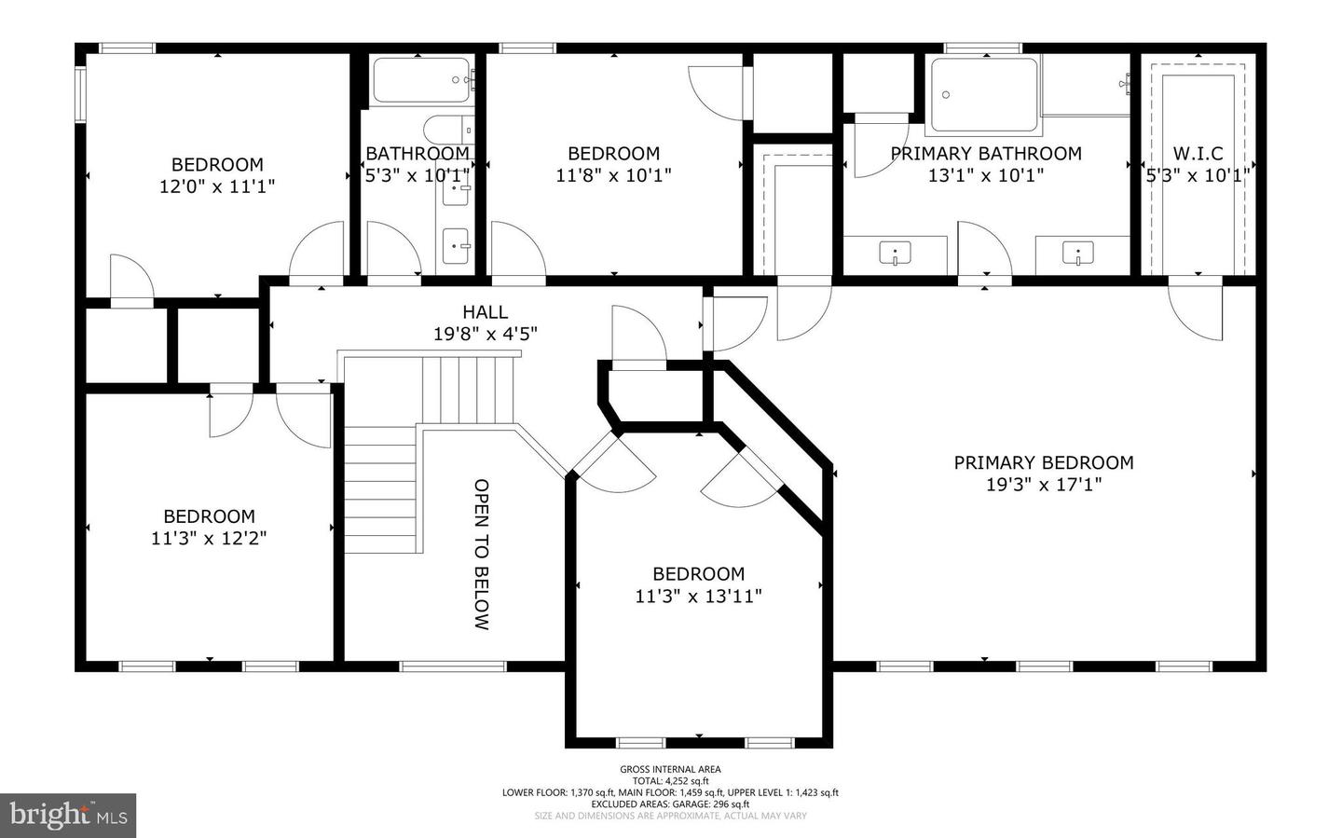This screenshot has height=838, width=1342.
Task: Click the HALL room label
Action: point(485,312)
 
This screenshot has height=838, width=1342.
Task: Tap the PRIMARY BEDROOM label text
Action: point(1044,462)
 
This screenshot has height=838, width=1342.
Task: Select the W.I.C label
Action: point(1198,154)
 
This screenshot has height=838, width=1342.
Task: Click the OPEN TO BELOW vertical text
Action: point(481,555)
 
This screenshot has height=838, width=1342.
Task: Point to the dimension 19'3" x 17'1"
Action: point(1044,485)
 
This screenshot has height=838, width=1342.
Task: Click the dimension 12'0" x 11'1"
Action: point(217,186)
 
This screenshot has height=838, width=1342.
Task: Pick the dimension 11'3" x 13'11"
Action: point(698,597)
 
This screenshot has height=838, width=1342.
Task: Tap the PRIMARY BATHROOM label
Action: point(986,154)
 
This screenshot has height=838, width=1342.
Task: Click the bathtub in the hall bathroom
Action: point(422,81)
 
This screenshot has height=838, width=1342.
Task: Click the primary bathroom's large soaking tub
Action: point(983,95)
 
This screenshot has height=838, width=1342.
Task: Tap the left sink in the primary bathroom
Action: point(896,254)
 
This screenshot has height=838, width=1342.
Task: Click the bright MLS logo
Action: point(68,816)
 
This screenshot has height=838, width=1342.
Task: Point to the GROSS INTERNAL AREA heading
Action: point(670,769)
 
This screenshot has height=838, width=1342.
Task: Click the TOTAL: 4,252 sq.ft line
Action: point(670,781)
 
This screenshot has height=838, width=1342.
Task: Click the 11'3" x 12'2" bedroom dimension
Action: point(209,539)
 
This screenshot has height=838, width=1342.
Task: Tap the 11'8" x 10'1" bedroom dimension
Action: point(613,175)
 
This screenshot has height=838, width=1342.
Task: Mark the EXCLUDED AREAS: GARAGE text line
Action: point(670,804)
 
